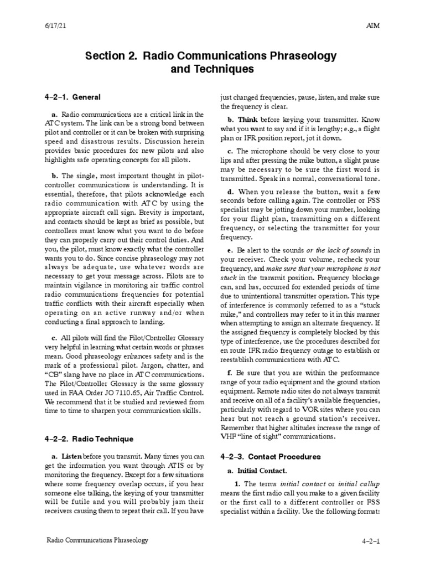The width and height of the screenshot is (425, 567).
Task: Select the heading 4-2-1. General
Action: point(72,97)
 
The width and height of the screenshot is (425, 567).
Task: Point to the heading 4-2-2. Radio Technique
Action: point(89,439)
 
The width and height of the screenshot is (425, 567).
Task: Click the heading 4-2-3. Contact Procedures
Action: point(271,457)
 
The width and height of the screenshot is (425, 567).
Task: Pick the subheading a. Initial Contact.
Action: point(257,471)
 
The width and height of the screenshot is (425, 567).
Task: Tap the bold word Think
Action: point(248,119)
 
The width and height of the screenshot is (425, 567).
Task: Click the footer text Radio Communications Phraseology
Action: point(97,539)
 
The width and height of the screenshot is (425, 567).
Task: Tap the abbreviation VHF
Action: point(230,436)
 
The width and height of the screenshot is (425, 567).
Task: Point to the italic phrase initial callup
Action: point(356,484)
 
